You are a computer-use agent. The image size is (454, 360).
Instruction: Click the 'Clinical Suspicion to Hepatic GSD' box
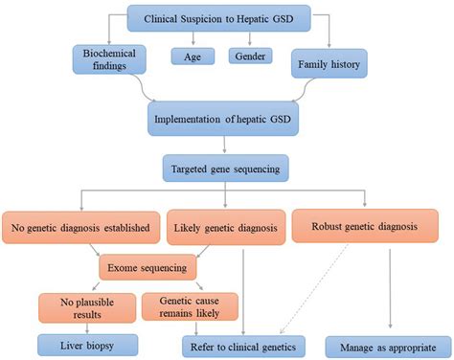point(227,19)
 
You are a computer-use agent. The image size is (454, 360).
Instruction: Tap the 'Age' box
point(193,56)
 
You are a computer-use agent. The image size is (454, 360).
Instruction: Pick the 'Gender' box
point(252,56)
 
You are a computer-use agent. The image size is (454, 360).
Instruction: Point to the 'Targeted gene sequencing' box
point(226,170)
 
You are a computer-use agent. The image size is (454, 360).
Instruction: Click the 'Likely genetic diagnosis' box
point(225,229)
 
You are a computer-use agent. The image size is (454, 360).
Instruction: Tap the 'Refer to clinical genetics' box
point(245,344)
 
